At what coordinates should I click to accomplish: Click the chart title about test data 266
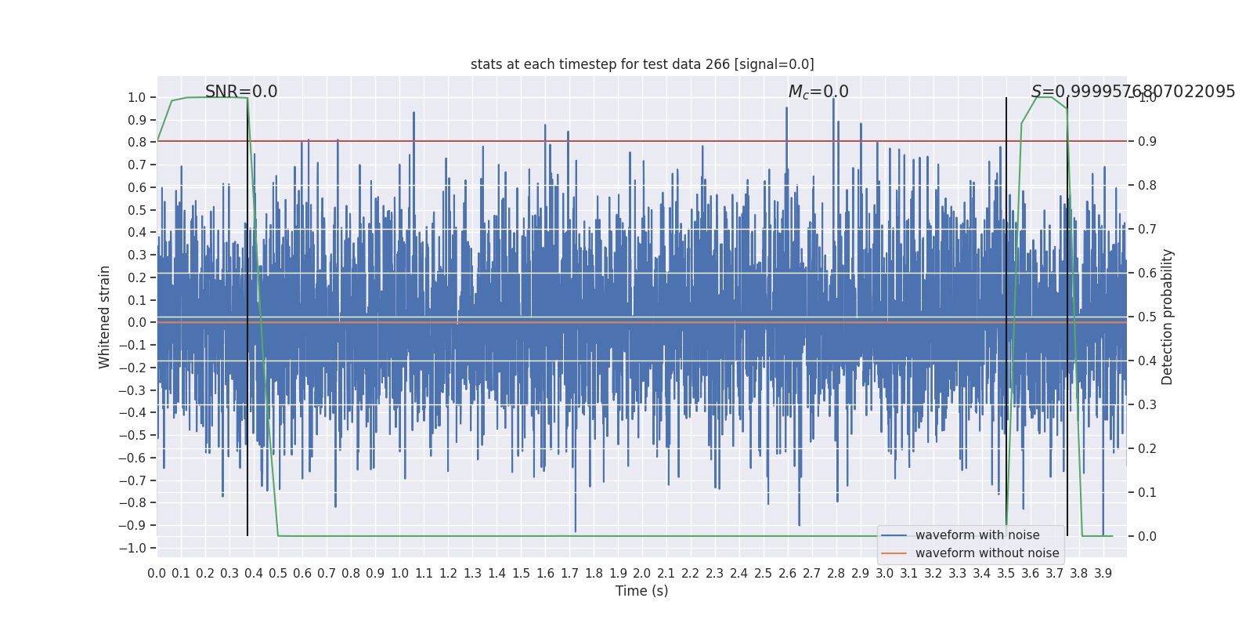point(642,64)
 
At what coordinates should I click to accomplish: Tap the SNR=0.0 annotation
point(241,92)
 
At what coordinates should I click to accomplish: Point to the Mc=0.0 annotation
point(818,92)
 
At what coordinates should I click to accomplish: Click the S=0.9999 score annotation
point(1132,92)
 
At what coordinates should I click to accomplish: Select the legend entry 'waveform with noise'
point(977,535)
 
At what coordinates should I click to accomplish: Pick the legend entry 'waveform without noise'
point(987,553)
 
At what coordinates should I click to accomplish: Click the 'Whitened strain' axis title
point(105,317)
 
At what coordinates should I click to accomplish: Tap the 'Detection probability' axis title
point(1168,317)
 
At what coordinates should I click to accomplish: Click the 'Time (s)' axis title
point(641,591)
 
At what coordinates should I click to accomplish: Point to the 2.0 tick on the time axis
point(642,574)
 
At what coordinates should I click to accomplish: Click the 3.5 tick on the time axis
point(1006,574)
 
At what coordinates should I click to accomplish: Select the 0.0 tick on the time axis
point(157,574)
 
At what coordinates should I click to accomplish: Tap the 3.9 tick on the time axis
point(1103,574)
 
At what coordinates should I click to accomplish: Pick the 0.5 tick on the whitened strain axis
point(137,210)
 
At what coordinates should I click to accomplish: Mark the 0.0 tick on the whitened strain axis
point(137,322)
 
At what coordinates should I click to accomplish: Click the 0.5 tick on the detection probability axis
point(1147,317)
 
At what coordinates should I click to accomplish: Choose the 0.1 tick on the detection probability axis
point(1147,492)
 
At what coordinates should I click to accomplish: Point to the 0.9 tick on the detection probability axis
point(1147,141)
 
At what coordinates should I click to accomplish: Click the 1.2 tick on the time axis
point(448,574)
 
